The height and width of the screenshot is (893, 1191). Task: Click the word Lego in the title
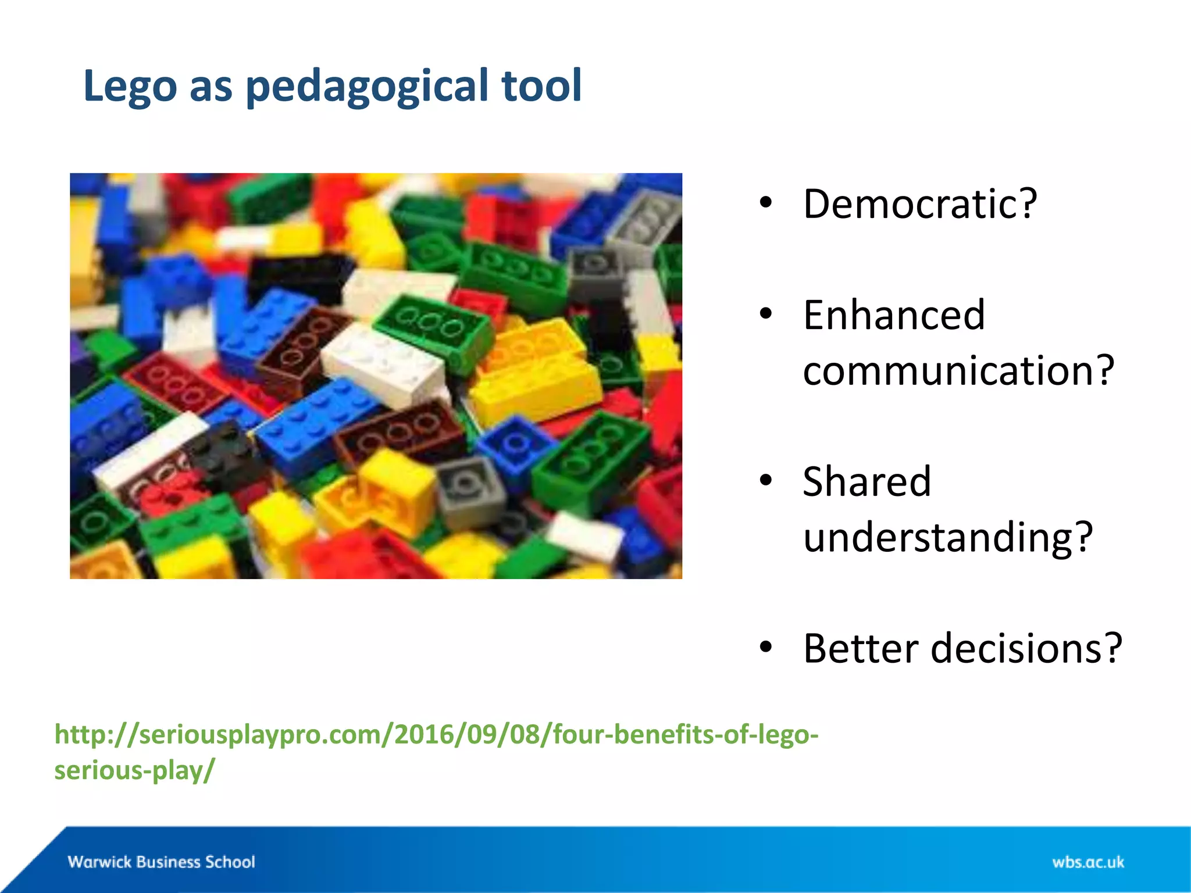[x=130, y=86]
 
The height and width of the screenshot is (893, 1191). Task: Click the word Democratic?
[x=919, y=204]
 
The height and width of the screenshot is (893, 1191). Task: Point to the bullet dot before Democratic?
[x=766, y=203]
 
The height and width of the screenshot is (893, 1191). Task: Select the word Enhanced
[x=894, y=316]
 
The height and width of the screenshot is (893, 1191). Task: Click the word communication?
[x=958, y=370]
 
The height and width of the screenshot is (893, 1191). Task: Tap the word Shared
[x=866, y=482]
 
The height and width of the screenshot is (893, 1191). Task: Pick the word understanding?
[x=948, y=537]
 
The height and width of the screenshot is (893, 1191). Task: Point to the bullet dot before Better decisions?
[x=766, y=646]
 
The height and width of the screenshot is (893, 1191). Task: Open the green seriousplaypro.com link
[x=436, y=735]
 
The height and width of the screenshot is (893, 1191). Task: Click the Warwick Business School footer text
[x=161, y=862]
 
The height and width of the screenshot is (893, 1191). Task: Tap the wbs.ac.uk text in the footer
[x=1087, y=862]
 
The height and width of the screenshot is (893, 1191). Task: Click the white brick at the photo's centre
[x=384, y=363]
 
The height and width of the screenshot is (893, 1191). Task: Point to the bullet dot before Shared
[x=766, y=481]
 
